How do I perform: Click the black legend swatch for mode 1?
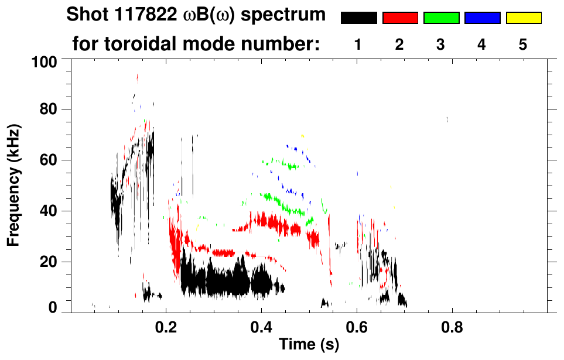tap(358, 18)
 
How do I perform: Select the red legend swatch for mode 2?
tap(400, 18)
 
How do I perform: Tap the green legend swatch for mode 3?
tap(441, 18)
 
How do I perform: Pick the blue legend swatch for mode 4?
tap(482, 18)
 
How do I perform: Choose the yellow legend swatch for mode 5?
tap(523, 18)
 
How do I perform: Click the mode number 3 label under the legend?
tap(440, 45)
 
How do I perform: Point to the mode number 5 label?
tap(523, 45)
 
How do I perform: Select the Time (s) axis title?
tap(309, 345)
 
